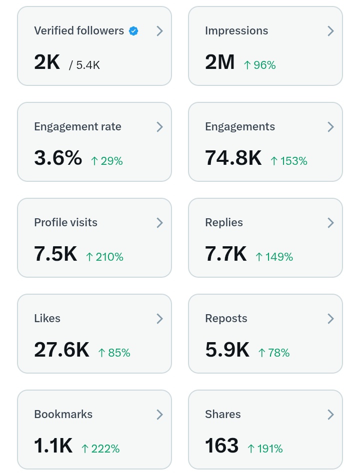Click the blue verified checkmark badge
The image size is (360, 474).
click(x=133, y=31)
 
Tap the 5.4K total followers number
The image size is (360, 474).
click(x=88, y=65)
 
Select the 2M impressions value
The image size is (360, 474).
click(x=219, y=62)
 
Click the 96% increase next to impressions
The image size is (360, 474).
click(x=259, y=65)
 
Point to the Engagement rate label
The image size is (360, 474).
click(x=77, y=127)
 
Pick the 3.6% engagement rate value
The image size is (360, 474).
click(x=58, y=158)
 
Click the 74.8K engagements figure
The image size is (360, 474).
click(x=233, y=158)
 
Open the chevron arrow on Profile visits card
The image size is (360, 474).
click(x=159, y=223)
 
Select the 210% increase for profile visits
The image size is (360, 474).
click(x=104, y=257)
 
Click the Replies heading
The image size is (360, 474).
click(x=224, y=223)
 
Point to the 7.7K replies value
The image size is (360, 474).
click(x=225, y=254)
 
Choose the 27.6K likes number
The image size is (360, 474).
click(x=61, y=350)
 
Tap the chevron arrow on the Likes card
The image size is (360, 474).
click(x=159, y=319)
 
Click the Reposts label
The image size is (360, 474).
click(x=226, y=319)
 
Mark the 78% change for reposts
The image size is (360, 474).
click(x=273, y=353)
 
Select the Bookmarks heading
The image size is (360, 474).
click(x=63, y=415)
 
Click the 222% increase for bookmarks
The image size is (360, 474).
click(x=100, y=449)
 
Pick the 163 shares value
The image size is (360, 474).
click(x=221, y=446)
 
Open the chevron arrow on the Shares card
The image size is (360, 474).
click(x=330, y=415)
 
